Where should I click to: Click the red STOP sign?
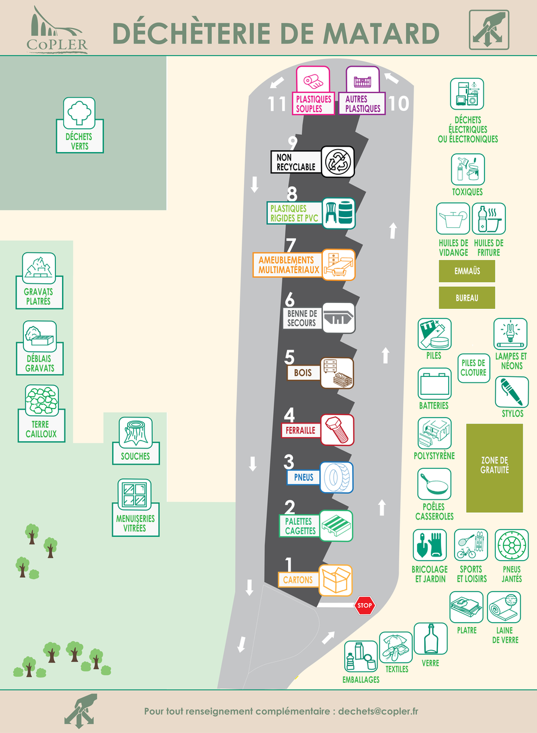coord(365,605)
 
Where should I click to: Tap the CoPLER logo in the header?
coord(57,30)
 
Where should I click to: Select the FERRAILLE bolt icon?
coord(337,429)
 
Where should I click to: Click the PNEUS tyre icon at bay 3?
coord(337,477)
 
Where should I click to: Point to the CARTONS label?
coord(298,580)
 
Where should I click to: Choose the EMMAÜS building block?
coord(467,271)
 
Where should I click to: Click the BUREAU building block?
coord(467,298)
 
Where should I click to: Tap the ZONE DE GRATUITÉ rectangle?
coord(495,468)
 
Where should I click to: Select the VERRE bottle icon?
coord(431,638)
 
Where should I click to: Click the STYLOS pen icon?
coord(512,392)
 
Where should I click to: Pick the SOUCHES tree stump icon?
coord(135,432)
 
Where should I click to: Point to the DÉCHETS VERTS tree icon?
coord(79,113)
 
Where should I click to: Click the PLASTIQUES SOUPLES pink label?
coord(313,104)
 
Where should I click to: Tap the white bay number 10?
coord(399,103)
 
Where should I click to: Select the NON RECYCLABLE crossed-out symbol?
coord(338,162)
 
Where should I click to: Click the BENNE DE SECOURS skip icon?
coord(338,318)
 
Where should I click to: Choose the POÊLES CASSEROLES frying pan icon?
coord(434,484)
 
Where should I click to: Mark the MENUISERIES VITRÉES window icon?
coord(134,494)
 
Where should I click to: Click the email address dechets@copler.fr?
coord(378,712)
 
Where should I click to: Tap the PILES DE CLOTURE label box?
coord(474,368)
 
